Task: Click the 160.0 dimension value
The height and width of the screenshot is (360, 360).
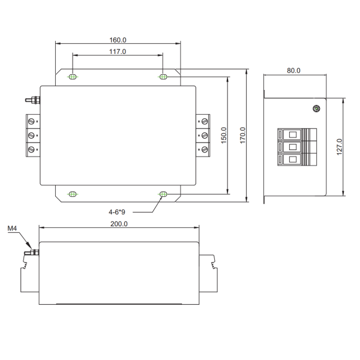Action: pyautogui.click(x=118, y=40)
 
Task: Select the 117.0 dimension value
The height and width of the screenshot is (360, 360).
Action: pyautogui.click(x=118, y=52)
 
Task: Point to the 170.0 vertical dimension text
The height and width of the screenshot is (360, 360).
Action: pyautogui.click(x=243, y=135)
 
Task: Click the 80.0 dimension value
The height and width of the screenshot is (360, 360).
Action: pyautogui.click(x=294, y=71)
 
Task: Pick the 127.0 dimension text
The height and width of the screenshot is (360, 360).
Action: pyautogui.click(x=339, y=147)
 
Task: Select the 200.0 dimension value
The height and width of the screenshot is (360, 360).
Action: pyautogui.click(x=119, y=224)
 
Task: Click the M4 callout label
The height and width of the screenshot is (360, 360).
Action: pyautogui.click(x=12, y=229)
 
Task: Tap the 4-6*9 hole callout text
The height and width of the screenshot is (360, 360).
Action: pyautogui.click(x=117, y=212)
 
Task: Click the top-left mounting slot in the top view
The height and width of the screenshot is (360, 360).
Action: pyautogui.click(x=73, y=77)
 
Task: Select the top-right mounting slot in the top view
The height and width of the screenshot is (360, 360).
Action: pyautogui.click(x=163, y=77)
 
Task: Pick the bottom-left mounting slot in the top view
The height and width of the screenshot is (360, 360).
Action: pyautogui.click(x=73, y=194)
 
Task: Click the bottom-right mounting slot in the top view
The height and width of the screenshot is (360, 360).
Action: pyautogui.click(x=163, y=194)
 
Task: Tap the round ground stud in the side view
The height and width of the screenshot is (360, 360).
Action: pyautogui.click(x=316, y=109)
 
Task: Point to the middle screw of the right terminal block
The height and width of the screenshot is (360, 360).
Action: pyautogui.click(x=205, y=135)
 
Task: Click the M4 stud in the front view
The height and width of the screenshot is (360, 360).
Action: pyautogui.click(x=34, y=253)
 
